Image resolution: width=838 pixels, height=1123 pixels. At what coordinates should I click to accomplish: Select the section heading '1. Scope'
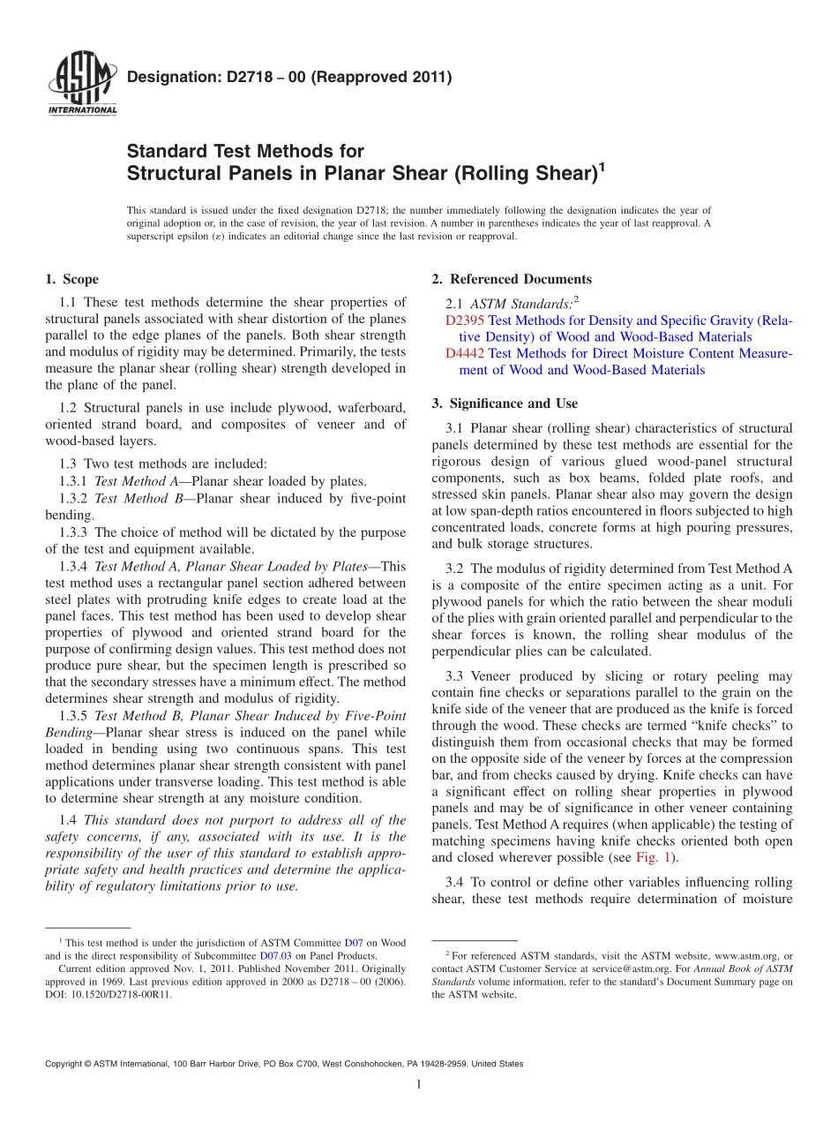[x=72, y=280]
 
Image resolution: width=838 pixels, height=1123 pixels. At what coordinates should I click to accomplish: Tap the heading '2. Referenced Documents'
[x=512, y=280]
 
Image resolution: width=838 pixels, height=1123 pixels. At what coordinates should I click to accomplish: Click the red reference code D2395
[x=465, y=320]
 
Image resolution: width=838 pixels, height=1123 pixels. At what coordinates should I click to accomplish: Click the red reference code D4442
[x=465, y=354]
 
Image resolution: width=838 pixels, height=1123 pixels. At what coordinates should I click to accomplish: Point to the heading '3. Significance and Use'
[x=505, y=403]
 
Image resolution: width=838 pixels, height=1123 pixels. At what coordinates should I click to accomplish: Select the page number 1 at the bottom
[x=419, y=1084]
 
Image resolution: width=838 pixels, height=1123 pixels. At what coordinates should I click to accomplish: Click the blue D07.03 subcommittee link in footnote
[x=275, y=955]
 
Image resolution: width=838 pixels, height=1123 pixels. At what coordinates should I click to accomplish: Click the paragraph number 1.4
[x=69, y=820]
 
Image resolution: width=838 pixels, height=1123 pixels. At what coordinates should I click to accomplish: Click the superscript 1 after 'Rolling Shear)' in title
[x=602, y=164]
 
